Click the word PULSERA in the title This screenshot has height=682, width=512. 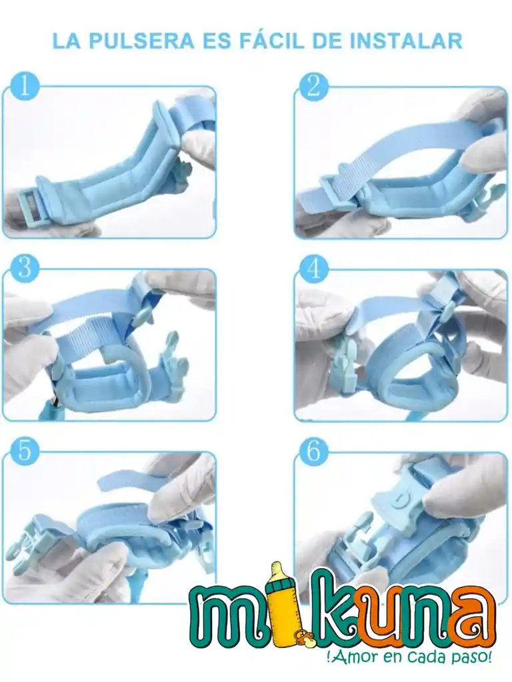(142, 41)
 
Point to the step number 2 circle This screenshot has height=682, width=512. (314, 86)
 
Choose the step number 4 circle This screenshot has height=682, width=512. (314, 268)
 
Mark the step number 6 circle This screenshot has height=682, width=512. (314, 451)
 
